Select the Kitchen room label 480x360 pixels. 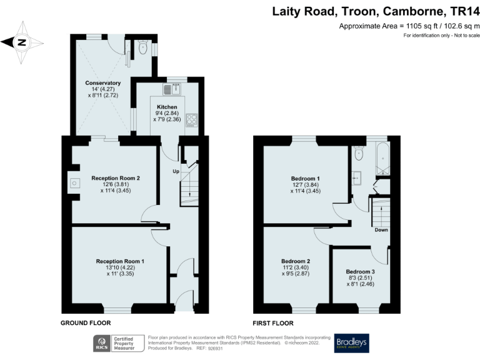[167, 107]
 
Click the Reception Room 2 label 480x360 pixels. [115, 178]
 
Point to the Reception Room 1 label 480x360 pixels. [120, 261]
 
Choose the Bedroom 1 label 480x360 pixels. [305, 178]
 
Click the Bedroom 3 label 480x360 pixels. [361, 271]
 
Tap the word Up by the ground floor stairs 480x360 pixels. [176, 170]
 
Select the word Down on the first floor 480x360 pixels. [381, 229]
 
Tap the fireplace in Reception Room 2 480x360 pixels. [75, 183]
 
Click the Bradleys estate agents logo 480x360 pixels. [351, 342]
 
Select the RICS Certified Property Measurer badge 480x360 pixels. [119, 342]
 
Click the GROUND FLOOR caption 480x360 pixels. [86, 323]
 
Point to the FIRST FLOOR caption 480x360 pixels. [273, 323]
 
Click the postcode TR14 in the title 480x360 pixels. [466, 11]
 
